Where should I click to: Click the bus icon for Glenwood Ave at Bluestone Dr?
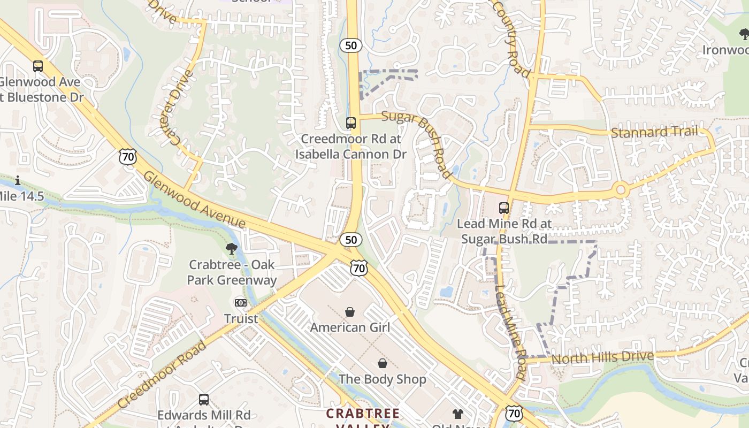pos(37,66)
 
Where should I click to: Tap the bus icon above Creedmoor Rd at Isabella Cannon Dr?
pos(351,123)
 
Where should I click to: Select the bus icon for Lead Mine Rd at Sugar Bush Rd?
pos(504,208)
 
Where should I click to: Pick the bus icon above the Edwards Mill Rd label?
pos(204,399)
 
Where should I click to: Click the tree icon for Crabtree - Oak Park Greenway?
pos(232,248)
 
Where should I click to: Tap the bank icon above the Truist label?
pos(241,303)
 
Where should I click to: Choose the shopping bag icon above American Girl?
pos(350,311)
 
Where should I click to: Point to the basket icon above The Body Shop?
pos(383,364)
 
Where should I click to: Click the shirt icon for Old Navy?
pos(457,414)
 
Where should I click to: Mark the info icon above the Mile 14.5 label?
pos(18,180)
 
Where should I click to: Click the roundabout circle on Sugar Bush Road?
pos(621,189)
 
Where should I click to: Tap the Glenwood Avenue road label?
pos(194,200)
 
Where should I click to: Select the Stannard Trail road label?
pos(654,132)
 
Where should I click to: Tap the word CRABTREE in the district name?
pos(363,414)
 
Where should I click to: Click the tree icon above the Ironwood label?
pos(744,35)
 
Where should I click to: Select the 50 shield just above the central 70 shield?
pos(351,240)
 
